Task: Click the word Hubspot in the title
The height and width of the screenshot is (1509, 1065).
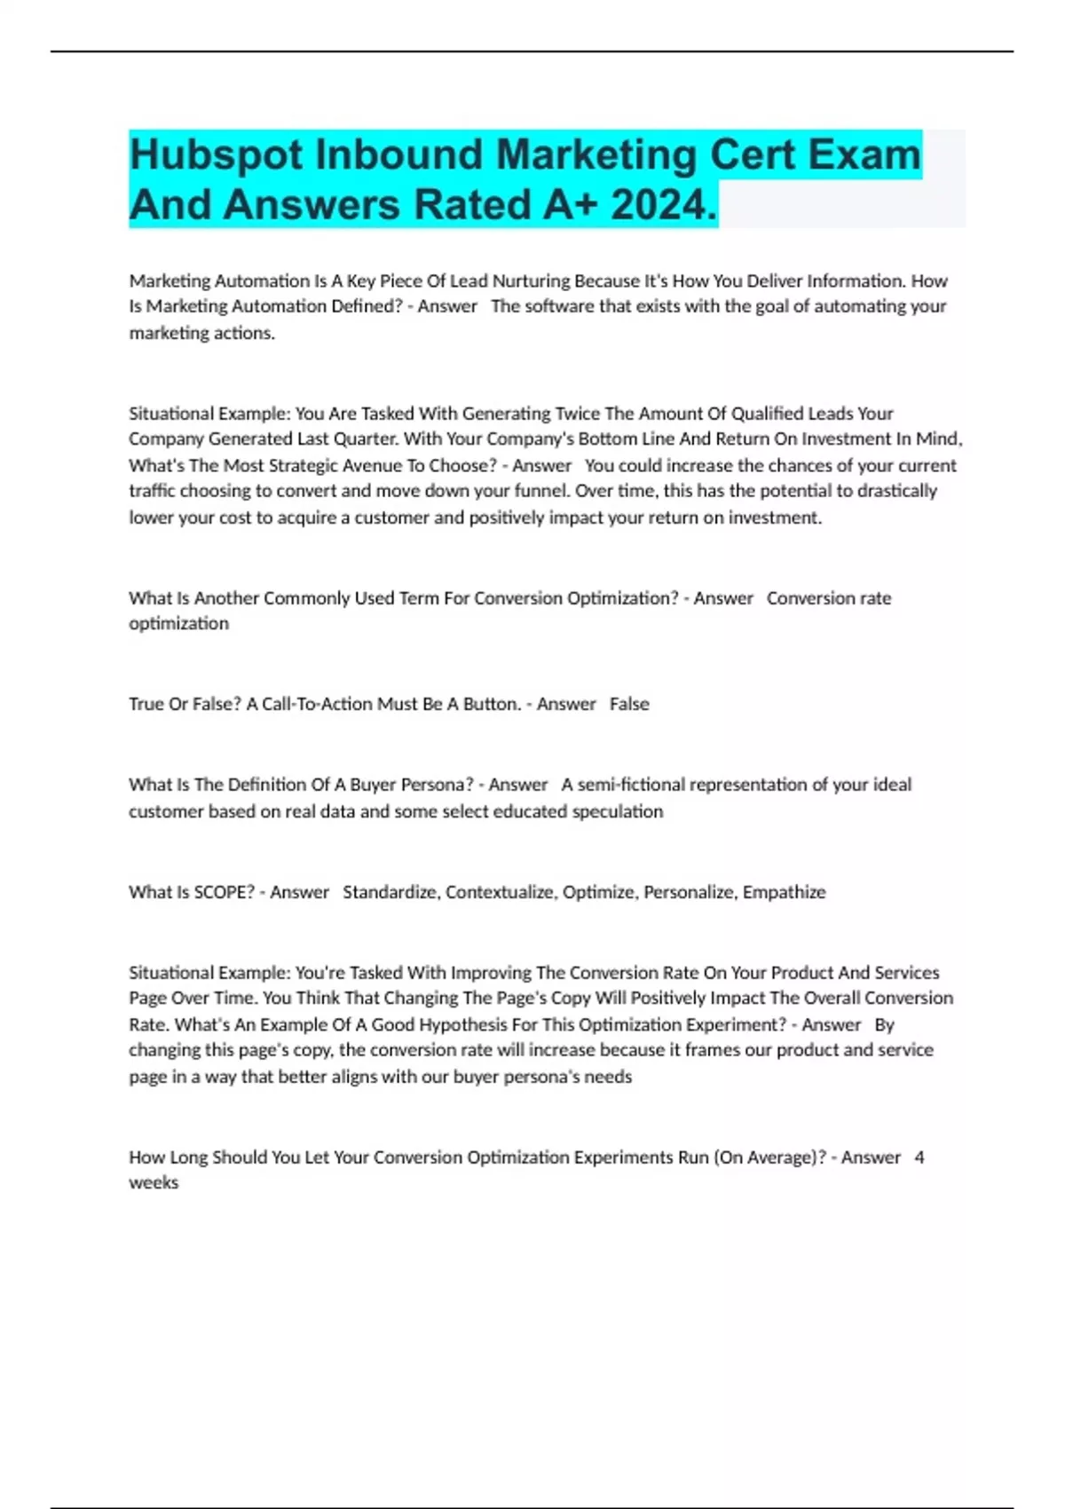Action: click(217, 155)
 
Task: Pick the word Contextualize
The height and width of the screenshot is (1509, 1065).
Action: click(501, 892)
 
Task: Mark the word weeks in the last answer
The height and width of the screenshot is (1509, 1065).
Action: click(154, 1183)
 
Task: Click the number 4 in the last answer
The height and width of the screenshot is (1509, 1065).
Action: click(919, 1157)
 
